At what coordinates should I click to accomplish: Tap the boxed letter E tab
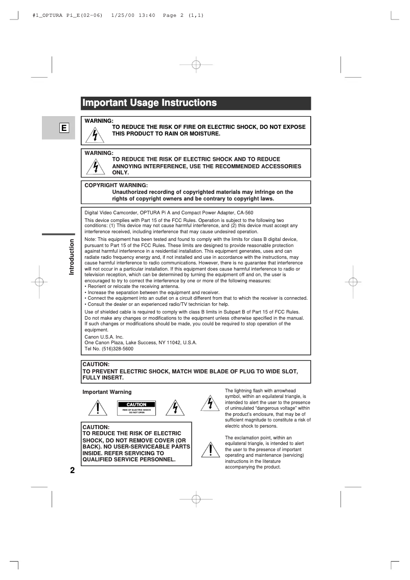(x=64, y=128)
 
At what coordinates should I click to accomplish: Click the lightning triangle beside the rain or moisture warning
(x=95, y=135)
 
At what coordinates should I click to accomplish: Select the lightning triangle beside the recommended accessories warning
(x=95, y=167)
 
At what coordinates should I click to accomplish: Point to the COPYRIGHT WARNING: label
(x=116, y=185)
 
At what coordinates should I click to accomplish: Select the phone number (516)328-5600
(x=116, y=348)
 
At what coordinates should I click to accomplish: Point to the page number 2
(x=72, y=471)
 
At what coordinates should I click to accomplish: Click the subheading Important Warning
(x=107, y=392)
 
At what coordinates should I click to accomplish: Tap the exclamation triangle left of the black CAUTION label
(x=97, y=408)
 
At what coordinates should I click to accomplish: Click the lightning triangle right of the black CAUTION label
(x=175, y=408)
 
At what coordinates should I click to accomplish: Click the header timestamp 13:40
(x=148, y=15)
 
